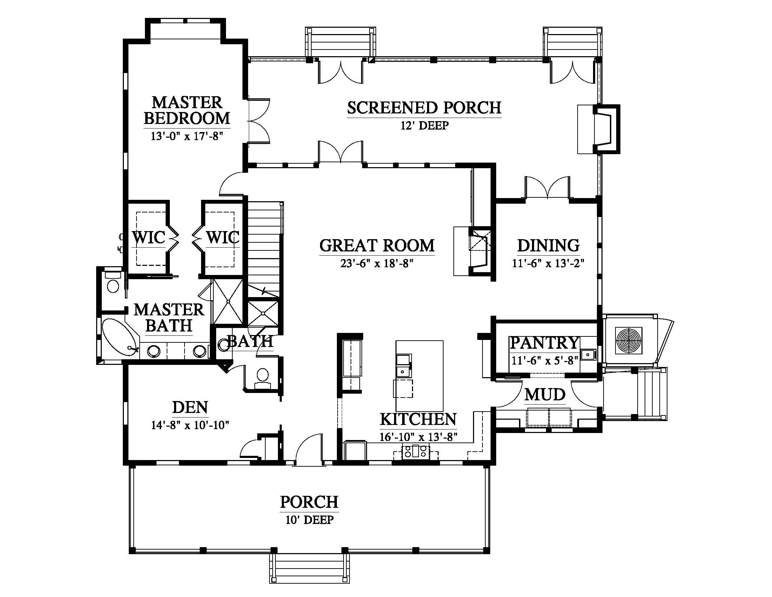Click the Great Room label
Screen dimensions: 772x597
377,245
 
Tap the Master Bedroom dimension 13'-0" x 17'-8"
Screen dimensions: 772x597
187,136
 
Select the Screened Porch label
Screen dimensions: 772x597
424,108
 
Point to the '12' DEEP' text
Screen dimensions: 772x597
425,126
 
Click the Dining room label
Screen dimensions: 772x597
548,245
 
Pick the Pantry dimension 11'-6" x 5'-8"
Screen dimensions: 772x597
545,360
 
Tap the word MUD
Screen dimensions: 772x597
545,395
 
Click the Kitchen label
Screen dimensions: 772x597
418,419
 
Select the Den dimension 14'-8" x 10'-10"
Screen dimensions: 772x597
190,425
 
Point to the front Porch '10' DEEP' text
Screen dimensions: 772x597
309,520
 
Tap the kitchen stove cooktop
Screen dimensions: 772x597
415,452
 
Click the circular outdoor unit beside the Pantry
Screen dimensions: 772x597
629,341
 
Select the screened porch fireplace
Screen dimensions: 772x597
606,129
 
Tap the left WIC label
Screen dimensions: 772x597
149,237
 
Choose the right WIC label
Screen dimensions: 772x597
223,237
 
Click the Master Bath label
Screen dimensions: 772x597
169,317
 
